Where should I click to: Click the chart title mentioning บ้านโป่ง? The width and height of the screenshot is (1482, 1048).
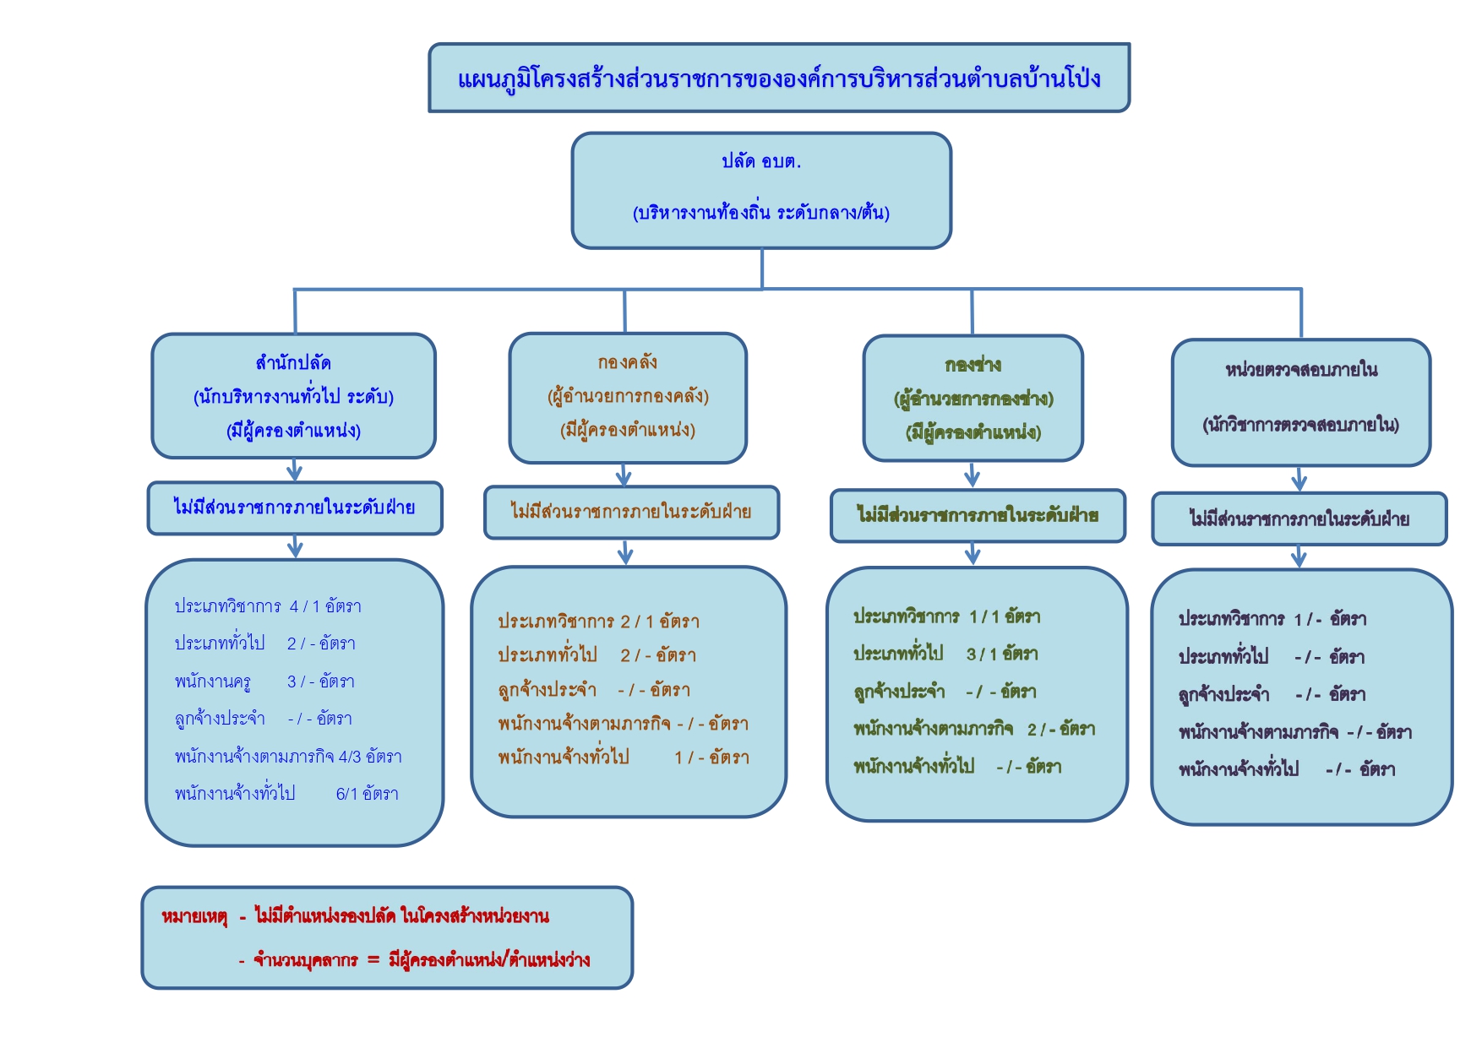[779, 79]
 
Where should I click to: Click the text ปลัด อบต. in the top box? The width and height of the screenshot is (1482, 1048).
[761, 161]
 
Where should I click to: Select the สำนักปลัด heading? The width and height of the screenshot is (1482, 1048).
[293, 363]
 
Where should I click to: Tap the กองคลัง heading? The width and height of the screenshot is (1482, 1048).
[627, 362]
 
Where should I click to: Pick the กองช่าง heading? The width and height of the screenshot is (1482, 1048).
[973, 365]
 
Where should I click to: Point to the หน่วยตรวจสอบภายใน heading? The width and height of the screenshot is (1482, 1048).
[1301, 370]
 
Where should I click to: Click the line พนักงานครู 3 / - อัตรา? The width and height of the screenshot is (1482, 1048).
[264, 681]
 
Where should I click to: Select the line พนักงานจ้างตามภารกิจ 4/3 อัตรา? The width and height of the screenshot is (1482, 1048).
[288, 756]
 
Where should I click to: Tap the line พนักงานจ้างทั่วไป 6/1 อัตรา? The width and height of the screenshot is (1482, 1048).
[286, 794]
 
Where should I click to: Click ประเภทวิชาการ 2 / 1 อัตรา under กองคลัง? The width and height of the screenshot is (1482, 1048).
[598, 622]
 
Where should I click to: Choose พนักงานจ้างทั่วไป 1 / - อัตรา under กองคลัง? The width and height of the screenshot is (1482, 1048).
[624, 757]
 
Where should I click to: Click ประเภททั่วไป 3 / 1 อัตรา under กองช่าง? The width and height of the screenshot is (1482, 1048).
[945, 654]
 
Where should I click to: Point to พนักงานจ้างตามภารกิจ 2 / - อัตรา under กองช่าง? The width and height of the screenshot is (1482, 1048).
[974, 729]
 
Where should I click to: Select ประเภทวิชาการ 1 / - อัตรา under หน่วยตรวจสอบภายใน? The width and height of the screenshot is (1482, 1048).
[1272, 619]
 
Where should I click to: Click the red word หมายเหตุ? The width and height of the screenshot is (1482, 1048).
[194, 917]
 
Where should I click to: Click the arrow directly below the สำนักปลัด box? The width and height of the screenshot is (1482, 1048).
[295, 470]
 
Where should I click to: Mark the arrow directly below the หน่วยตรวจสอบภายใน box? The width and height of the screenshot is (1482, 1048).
[1299, 479]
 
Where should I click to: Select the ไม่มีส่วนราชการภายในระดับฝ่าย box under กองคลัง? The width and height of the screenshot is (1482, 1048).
[631, 512]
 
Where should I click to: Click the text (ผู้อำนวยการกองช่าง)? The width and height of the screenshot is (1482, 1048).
[973, 399]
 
